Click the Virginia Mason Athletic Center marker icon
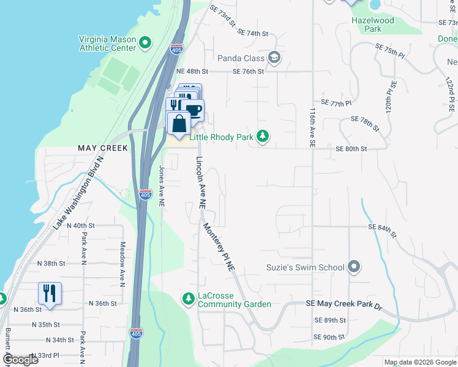145,43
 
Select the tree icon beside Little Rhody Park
263,136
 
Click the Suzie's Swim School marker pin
353,267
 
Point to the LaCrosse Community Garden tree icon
189,298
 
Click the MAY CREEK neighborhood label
102,148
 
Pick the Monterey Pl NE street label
219,245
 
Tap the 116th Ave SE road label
312,128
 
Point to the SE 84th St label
383,227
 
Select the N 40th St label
83,225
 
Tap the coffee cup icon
193,110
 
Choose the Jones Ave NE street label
162,185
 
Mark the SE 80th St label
351,149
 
